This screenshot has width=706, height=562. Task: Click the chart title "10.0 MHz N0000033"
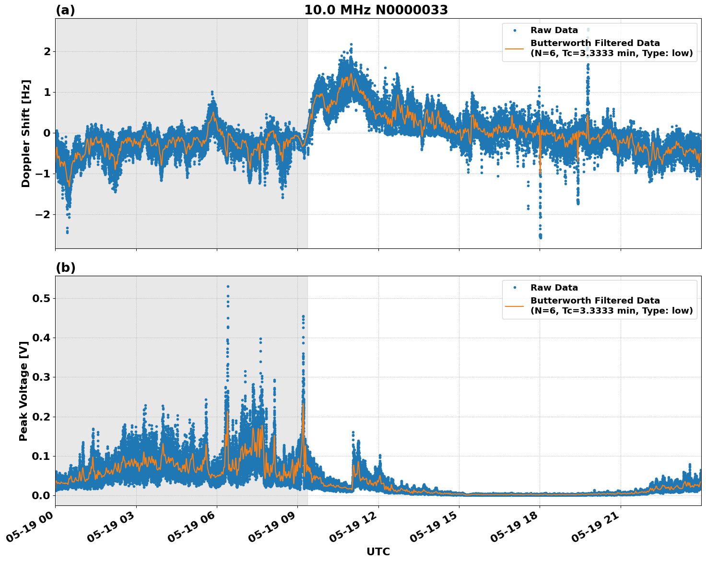pyautogui.click(x=376, y=10)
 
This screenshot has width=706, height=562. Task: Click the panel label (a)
pyautogui.click(x=65, y=10)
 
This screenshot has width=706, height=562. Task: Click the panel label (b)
pyautogui.click(x=65, y=268)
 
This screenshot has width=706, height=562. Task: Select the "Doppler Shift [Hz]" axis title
pyautogui.click(x=26, y=133)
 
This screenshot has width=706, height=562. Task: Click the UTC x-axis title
pyautogui.click(x=378, y=551)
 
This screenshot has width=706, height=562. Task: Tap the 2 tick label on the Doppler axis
pyautogui.click(x=47, y=51)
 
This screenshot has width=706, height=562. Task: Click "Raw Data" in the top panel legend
pyautogui.click(x=554, y=30)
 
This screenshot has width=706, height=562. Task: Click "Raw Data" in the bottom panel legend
pyautogui.click(x=554, y=288)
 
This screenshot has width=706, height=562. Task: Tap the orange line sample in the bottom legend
pyautogui.click(x=514, y=305)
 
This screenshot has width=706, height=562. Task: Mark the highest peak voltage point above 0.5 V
pyautogui.click(x=228, y=287)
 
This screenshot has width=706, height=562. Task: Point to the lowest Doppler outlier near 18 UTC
pyautogui.click(x=541, y=237)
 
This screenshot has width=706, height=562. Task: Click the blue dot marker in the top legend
pyautogui.click(x=515, y=30)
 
